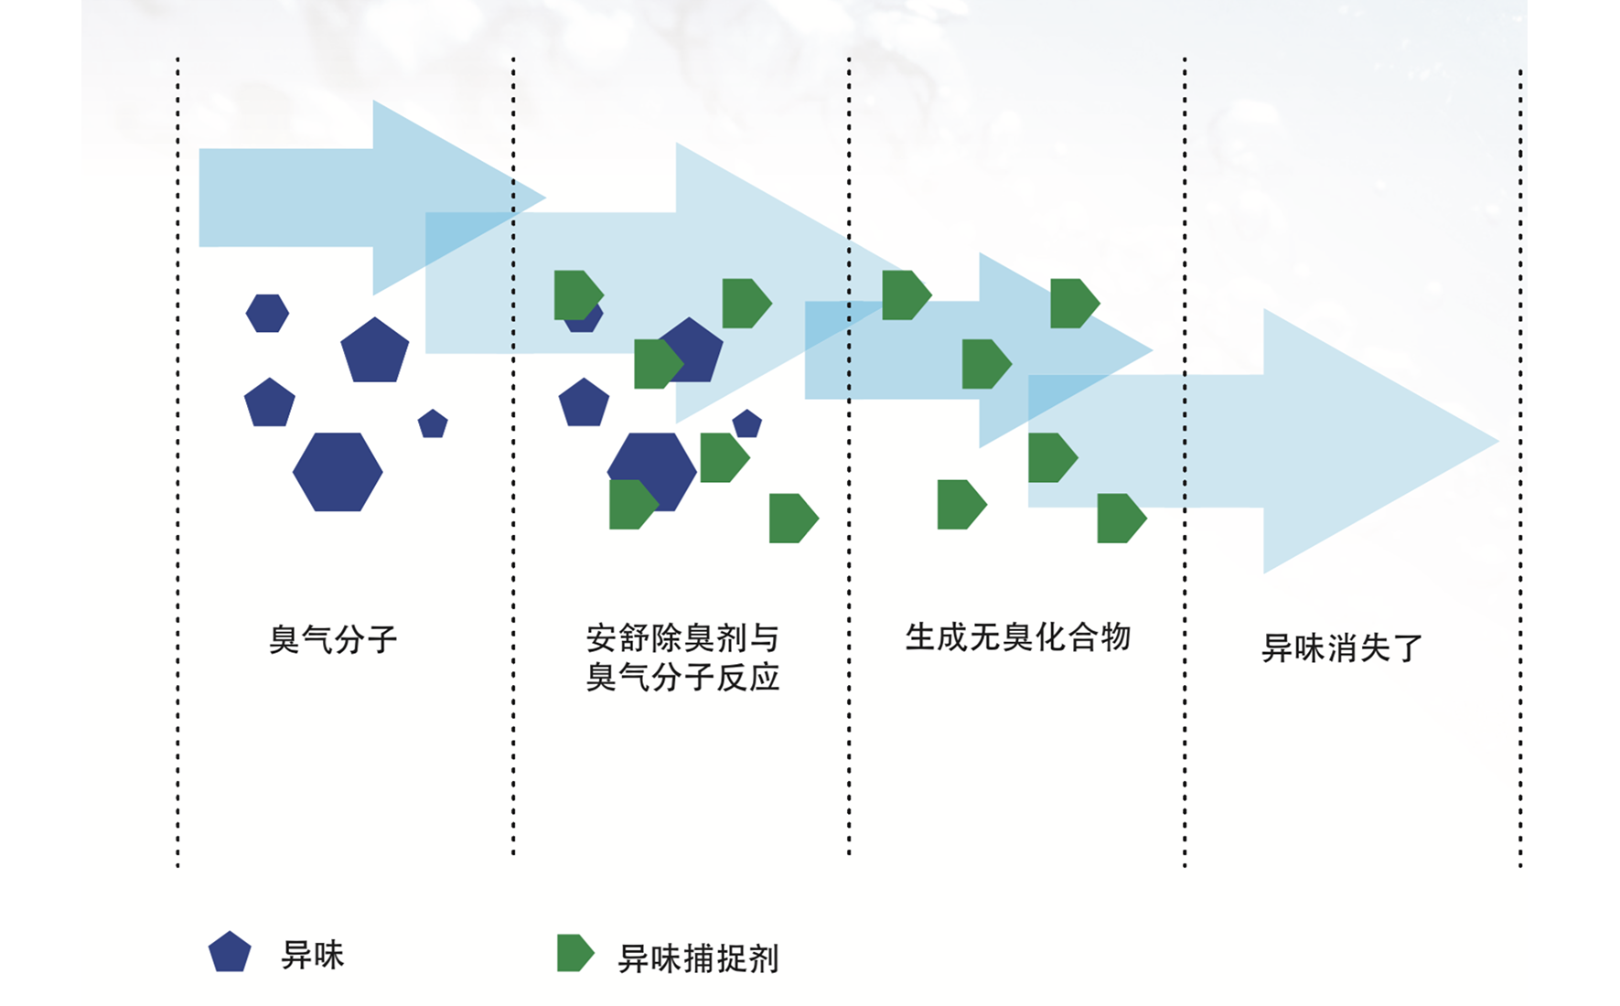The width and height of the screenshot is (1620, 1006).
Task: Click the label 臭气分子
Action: tap(333, 639)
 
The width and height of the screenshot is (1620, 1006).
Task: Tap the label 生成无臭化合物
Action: tap(1018, 637)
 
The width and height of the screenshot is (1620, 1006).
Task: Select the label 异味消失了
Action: tap(1342, 647)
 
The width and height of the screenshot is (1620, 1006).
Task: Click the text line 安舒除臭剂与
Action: tap(682, 637)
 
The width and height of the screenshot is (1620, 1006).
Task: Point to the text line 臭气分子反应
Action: tap(682, 677)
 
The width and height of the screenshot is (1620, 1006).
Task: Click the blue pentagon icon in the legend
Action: tap(230, 952)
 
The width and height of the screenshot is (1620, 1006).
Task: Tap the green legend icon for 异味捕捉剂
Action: tap(575, 953)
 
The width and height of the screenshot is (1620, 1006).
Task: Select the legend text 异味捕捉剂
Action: tap(699, 958)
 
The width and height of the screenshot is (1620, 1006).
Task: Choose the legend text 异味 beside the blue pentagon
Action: tap(313, 955)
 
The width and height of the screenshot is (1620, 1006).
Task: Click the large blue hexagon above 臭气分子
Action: tap(338, 472)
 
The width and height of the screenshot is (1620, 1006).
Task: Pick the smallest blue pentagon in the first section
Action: tap(433, 423)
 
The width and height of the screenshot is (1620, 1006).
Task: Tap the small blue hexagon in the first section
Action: tap(267, 313)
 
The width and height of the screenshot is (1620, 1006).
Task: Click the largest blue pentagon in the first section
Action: tap(375, 350)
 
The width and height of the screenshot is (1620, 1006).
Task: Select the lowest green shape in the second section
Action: tap(793, 519)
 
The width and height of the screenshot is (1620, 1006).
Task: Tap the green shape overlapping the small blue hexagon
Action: tap(578, 295)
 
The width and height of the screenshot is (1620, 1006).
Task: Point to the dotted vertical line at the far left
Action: tap(177, 462)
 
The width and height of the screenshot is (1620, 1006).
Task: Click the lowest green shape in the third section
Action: tap(1121, 519)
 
